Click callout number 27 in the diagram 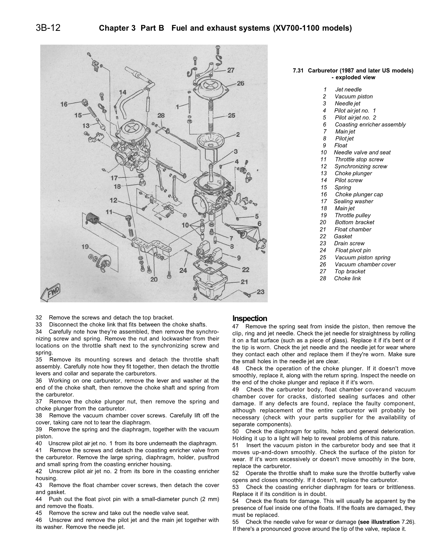pyautogui.click(x=231, y=70)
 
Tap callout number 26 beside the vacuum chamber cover pyautogui.click(x=240, y=83)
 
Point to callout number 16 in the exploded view pyautogui.click(x=64, y=104)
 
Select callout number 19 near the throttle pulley pyautogui.click(x=85, y=247)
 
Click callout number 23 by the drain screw pyautogui.click(x=260, y=291)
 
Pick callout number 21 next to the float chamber pyautogui.click(x=244, y=281)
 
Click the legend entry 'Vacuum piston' pyautogui.click(x=353, y=97)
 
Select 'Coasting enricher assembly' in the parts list pyautogui.click(x=370, y=124)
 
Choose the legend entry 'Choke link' pyautogui.click(x=347, y=278)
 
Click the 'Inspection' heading pyautogui.click(x=250, y=318)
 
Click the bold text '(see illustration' pyautogui.click(x=379, y=522)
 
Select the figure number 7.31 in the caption pyautogui.click(x=299, y=71)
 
